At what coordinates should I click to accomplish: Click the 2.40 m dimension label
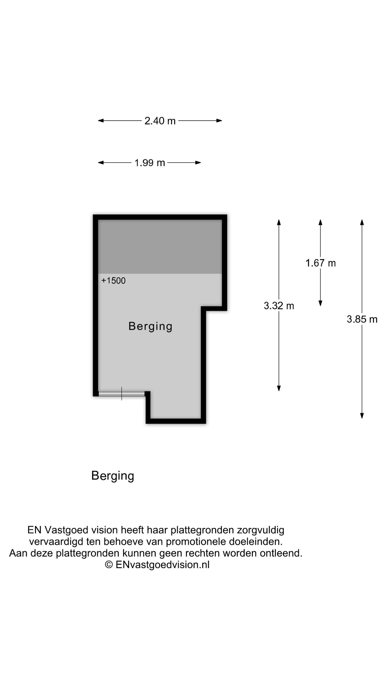(x=160, y=121)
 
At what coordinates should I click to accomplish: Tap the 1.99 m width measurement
(x=150, y=163)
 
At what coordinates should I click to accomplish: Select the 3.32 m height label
(x=279, y=306)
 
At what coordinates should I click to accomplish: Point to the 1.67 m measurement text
(x=321, y=263)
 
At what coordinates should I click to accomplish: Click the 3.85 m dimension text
(x=362, y=319)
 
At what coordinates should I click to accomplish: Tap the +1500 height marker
(x=113, y=281)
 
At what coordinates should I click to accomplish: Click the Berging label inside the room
(x=150, y=327)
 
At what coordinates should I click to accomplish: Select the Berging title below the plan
(x=113, y=476)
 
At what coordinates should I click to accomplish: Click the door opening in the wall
(x=122, y=394)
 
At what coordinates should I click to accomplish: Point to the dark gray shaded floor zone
(x=160, y=247)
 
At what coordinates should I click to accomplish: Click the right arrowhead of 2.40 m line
(x=219, y=121)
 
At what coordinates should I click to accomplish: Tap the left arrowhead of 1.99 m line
(x=101, y=163)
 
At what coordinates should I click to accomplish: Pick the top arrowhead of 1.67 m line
(x=320, y=222)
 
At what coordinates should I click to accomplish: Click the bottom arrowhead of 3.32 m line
(x=279, y=388)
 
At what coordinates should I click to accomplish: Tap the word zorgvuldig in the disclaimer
(x=260, y=530)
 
